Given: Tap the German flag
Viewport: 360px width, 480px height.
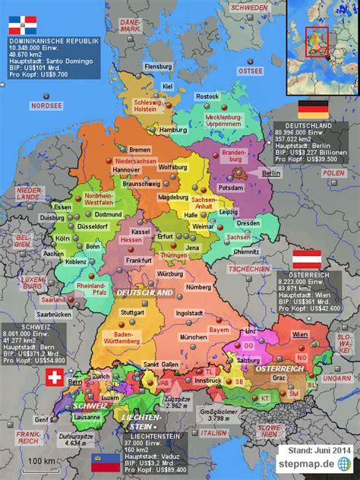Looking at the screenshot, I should click(312, 109).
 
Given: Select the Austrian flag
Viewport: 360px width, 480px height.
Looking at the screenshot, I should click(307, 258).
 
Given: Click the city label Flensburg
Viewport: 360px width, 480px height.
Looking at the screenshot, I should click(158, 66).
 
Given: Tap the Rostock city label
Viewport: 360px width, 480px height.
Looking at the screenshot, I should click(207, 96).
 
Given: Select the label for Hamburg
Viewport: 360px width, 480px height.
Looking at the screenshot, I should click(173, 130).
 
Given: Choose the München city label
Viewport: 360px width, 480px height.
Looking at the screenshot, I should click(194, 336).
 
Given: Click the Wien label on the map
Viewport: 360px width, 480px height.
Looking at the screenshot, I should click(300, 334).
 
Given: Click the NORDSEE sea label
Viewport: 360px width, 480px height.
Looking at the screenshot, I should click(46, 106).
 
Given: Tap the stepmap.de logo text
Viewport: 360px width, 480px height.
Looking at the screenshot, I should click(308, 463).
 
